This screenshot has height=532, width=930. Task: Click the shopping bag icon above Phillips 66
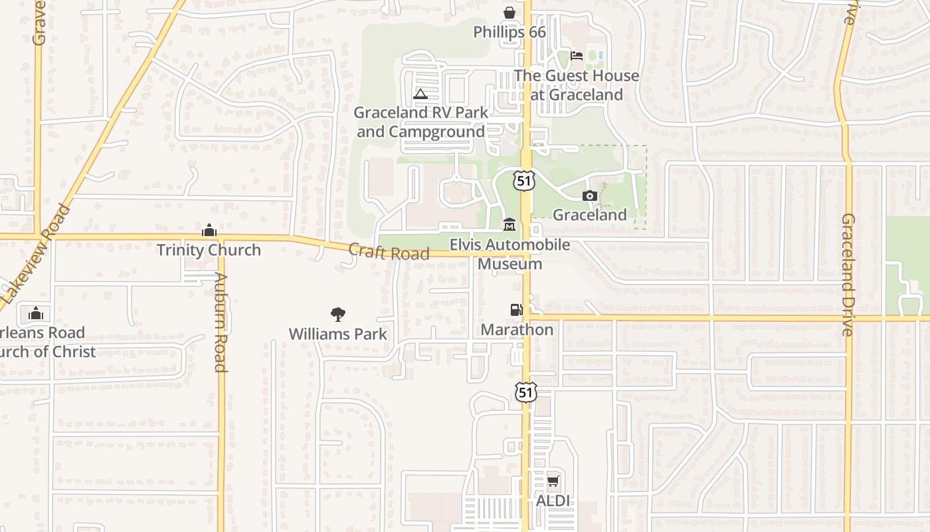pos(509,13)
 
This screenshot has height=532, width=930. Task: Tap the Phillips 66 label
pos(509,32)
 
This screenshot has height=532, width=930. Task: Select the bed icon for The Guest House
pos(577,56)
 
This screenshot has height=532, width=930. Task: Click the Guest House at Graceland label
pos(577,85)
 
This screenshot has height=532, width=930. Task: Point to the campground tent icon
pos(420,94)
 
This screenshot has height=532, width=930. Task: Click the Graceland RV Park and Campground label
pos(420,122)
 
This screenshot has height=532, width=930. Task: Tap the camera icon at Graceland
pos(589,196)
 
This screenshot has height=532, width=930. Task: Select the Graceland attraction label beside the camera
pos(590,215)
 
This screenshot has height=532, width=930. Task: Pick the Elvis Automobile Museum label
pos(510,254)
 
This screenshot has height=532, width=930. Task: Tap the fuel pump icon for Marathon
pos(516,310)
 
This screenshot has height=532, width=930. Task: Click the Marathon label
pos(517,330)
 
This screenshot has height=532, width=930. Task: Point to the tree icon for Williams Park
pos(337,314)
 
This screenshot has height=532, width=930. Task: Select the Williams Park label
pos(337,334)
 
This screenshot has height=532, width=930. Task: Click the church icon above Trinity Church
pos(209,231)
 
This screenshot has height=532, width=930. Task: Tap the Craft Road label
pos(389,252)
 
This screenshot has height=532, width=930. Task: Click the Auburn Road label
pos(221,322)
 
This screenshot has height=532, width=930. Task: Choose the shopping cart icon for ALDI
pos(553,481)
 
